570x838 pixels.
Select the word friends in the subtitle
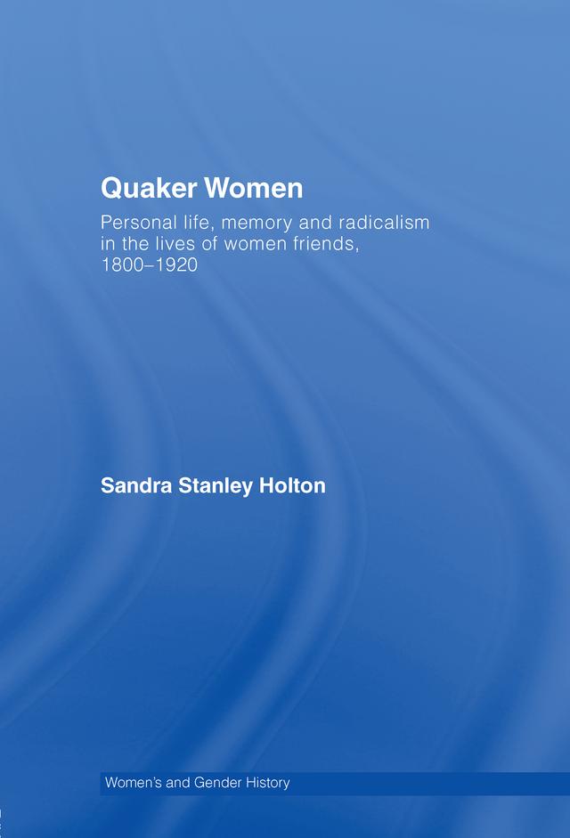click(325, 244)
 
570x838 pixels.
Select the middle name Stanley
click(213, 487)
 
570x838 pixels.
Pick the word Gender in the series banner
click(216, 784)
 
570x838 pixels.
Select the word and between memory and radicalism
click(307, 222)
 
